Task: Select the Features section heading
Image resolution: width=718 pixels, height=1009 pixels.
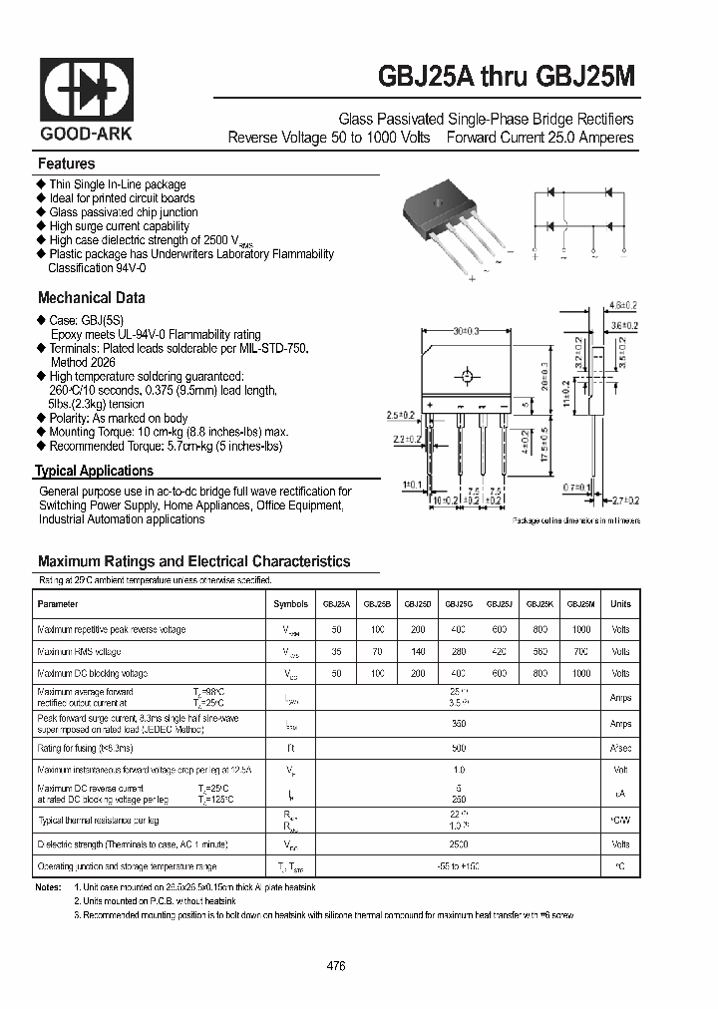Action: tap(66, 164)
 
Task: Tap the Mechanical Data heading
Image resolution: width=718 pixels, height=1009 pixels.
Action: tap(91, 297)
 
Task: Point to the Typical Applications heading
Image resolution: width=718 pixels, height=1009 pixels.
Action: tap(95, 471)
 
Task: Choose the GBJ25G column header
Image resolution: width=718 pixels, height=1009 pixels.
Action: tap(459, 604)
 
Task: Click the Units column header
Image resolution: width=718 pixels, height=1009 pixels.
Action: tap(620, 604)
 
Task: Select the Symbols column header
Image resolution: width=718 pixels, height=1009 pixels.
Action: tap(290, 604)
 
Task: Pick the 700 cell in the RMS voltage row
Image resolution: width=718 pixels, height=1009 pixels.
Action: tap(580, 652)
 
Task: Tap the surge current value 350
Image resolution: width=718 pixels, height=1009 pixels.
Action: tap(459, 724)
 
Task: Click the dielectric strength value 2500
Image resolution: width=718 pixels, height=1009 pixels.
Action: tap(459, 843)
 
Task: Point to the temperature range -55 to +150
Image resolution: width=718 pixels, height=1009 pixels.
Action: tap(459, 867)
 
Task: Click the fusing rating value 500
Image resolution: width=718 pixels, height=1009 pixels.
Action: tap(459, 748)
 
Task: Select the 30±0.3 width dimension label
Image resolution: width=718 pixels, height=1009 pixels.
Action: tap(466, 329)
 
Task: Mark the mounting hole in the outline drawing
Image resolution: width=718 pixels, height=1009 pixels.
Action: tap(466, 377)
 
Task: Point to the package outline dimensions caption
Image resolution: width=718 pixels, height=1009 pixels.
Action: tap(576, 520)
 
